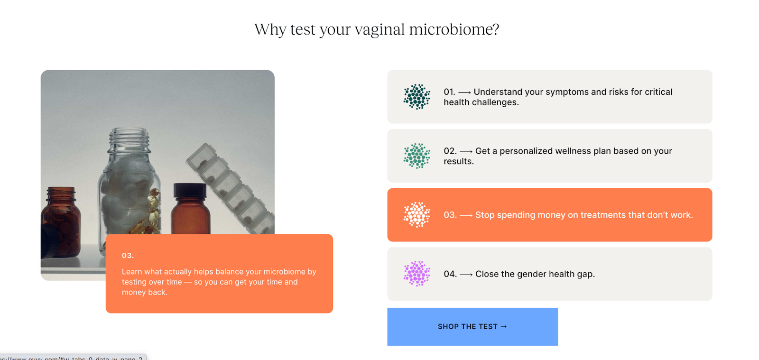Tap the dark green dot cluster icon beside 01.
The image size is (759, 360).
pos(417,97)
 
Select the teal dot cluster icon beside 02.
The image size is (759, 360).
pos(417,156)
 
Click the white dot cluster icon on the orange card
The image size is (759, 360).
pos(417,215)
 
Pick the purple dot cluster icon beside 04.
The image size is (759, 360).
pos(417,274)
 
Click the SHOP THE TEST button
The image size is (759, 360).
pos(472,326)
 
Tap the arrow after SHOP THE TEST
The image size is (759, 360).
pos(504,326)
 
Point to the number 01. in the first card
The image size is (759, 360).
pos(449,92)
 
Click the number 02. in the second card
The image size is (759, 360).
pos(450,151)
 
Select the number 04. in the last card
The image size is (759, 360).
pos(450,274)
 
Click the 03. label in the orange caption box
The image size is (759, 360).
pos(128,256)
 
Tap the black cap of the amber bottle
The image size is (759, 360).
pos(190,190)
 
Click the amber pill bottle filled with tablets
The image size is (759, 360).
pos(62,223)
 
